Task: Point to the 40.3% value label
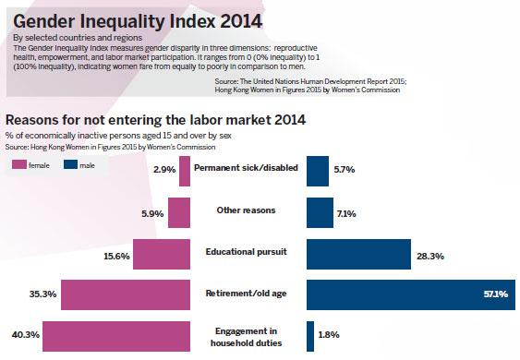19,336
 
